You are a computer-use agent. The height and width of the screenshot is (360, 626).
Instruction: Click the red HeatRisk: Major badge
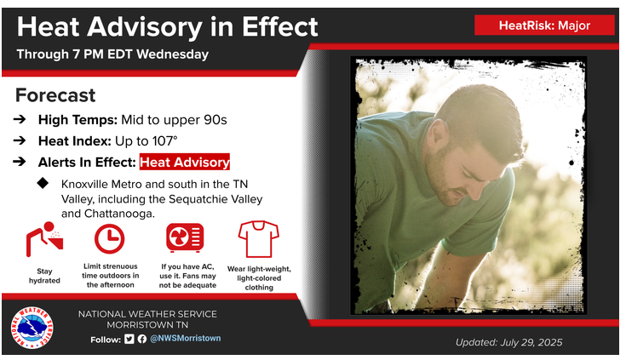click(544, 26)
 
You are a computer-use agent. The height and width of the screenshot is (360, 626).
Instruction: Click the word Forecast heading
click(55, 95)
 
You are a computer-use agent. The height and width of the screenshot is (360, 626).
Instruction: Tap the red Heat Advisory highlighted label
click(185, 162)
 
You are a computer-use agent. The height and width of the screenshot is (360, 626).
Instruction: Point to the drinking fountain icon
click(44, 239)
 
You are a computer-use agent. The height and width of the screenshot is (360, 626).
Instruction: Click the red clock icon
click(109, 239)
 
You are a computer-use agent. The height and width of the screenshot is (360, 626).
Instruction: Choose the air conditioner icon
click(185, 237)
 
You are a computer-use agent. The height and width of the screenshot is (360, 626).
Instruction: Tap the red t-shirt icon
click(259, 238)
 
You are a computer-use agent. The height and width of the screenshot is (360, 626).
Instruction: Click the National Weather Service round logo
click(32, 328)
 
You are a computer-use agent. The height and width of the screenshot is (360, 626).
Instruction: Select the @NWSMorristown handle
click(186, 339)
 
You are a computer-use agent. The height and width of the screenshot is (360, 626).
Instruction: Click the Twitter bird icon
click(129, 339)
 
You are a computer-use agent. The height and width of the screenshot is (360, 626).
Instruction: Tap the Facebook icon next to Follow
click(142, 339)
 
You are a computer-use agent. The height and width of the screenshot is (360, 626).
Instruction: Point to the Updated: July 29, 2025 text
click(509, 342)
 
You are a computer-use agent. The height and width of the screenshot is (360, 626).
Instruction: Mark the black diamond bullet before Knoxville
click(43, 183)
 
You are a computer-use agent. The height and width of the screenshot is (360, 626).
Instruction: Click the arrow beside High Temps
click(20, 119)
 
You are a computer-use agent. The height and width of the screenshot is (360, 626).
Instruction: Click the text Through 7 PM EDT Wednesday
click(112, 54)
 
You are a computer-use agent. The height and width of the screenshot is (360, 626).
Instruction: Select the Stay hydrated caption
click(44, 276)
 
